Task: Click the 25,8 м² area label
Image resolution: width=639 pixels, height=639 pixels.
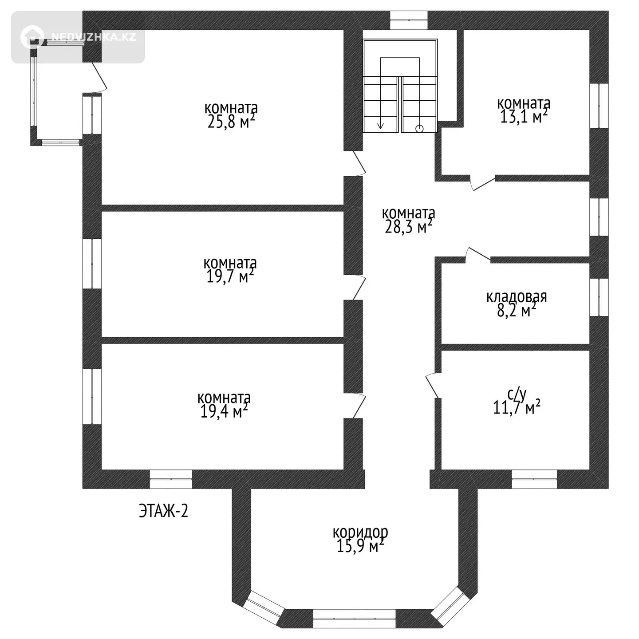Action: tap(231, 122)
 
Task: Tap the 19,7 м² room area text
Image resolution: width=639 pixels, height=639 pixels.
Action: tap(230, 276)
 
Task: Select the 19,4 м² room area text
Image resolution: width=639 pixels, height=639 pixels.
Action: tap(224, 411)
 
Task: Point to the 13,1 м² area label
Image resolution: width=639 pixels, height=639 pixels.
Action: tap(524, 117)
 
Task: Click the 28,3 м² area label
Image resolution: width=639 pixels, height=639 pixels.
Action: tap(409, 227)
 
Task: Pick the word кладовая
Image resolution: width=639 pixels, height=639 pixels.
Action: tap(517, 297)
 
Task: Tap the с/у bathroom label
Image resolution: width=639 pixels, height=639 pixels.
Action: tap(517, 394)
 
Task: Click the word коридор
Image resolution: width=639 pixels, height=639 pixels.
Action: tap(360, 532)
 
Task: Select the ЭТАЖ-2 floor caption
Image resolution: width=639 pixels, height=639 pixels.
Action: tap(163, 511)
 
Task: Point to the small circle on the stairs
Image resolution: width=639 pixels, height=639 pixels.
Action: tap(419, 129)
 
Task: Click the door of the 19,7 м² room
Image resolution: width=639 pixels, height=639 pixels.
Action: tap(358, 288)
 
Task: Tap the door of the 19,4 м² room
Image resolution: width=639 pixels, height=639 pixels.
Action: tap(358, 406)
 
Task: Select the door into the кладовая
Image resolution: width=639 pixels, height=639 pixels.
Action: tap(478, 255)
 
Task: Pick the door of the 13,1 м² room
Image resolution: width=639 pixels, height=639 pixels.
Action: tap(483, 183)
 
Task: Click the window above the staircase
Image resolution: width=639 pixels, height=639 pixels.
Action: tap(409, 20)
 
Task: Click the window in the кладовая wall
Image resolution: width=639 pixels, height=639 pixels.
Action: tap(599, 297)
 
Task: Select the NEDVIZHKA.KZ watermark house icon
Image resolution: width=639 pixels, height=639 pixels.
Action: tap(32, 37)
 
